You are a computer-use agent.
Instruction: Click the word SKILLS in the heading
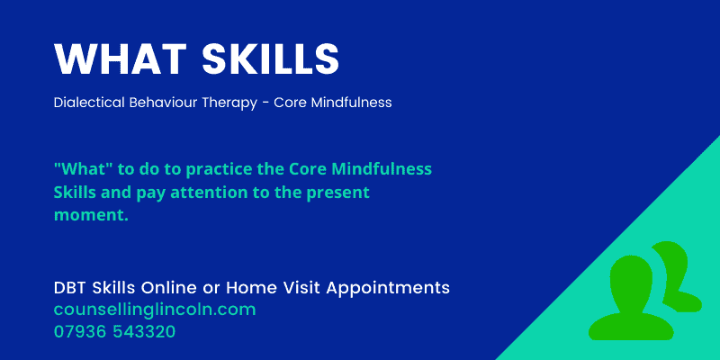(270, 59)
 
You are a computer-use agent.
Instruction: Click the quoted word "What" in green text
(79, 169)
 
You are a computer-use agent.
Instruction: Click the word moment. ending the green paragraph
(91, 215)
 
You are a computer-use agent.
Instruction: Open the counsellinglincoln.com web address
(155, 310)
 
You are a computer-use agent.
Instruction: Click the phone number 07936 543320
(114, 331)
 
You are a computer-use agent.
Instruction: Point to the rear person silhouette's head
(670, 262)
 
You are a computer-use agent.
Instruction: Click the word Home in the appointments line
(251, 288)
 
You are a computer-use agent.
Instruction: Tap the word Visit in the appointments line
(301, 288)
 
